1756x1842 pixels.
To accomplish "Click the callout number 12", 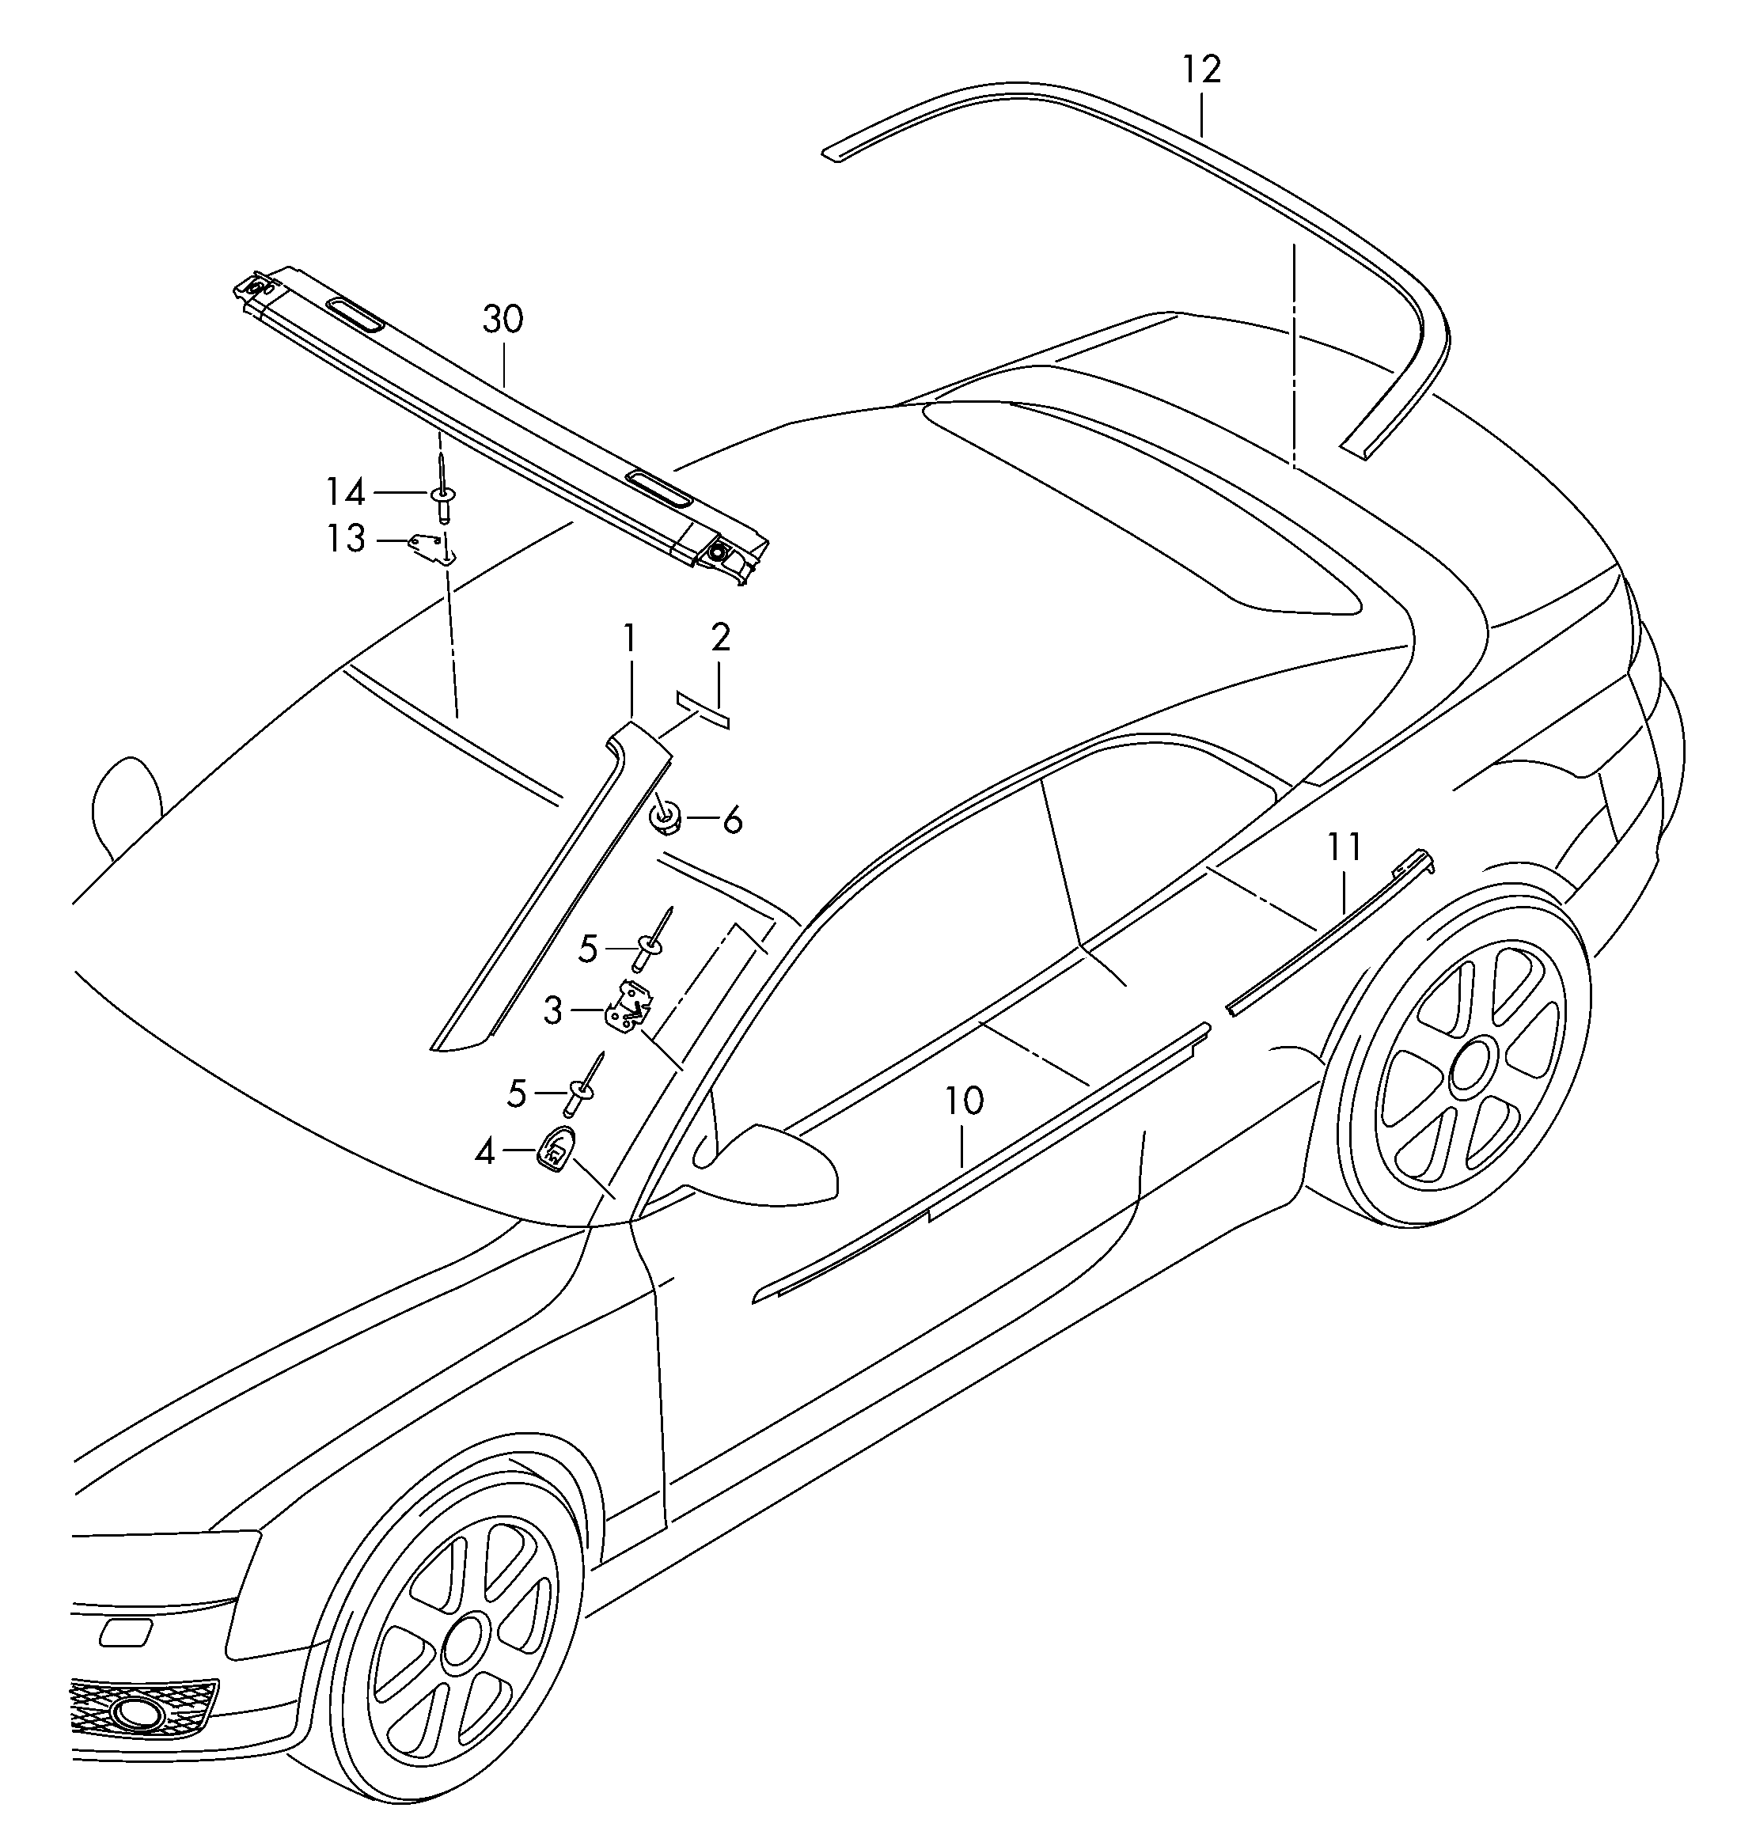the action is (1202, 70).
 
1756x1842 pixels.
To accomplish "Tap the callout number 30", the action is (503, 320).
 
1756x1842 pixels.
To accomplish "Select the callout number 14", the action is (344, 491).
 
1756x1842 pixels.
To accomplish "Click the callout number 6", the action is (732, 821).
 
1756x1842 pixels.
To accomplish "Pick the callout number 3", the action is (553, 1011).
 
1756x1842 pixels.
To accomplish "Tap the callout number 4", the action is (484, 1151).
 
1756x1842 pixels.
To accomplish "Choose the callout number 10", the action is (964, 1101).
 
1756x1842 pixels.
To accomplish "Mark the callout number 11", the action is (1344, 848).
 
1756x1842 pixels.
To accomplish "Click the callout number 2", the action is (720, 638).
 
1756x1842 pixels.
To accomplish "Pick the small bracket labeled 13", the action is (432, 548).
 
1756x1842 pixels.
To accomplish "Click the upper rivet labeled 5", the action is (651, 941).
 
